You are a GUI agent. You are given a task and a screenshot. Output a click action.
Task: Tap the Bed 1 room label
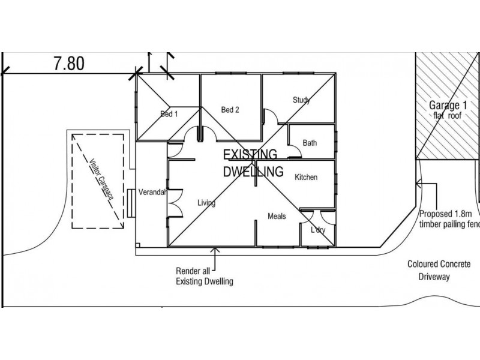point(169,114)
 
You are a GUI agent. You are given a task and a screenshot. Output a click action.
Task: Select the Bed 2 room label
point(230,110)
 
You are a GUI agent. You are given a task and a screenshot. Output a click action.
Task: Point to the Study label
point(301,100)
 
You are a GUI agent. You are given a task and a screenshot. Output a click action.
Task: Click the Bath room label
point(310,143)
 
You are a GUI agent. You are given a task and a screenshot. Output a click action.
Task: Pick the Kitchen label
point(306,178)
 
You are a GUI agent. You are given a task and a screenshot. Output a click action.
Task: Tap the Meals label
point(277,216)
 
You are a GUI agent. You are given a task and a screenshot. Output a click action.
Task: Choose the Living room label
point(206,203)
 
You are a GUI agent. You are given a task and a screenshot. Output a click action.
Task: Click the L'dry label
point(317,230)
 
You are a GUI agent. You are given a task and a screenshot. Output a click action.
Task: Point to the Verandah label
point(152,193)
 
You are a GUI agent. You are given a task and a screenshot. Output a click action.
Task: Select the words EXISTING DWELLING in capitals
point(253,163)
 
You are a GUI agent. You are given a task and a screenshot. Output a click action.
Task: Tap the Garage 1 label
point(448,105)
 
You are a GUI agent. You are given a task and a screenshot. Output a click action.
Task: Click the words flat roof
point(448,115)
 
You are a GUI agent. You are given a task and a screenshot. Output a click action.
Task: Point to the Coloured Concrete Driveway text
point(439,270)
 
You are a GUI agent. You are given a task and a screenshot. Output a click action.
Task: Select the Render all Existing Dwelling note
point(204,276)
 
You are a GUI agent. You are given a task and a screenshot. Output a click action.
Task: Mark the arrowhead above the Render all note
point(212,249)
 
